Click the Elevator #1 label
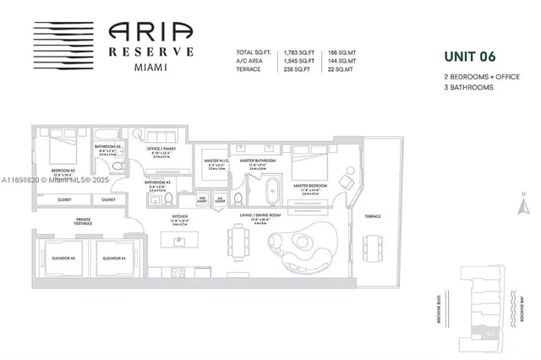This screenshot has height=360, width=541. click(x=113, y=258)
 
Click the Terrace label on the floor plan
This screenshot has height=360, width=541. click(x=373, y=216)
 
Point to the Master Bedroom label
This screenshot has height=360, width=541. click(x=310, y=185)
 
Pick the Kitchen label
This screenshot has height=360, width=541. click(x=179, y=216)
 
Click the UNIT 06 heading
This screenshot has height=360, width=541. click(x=471, y=57)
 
